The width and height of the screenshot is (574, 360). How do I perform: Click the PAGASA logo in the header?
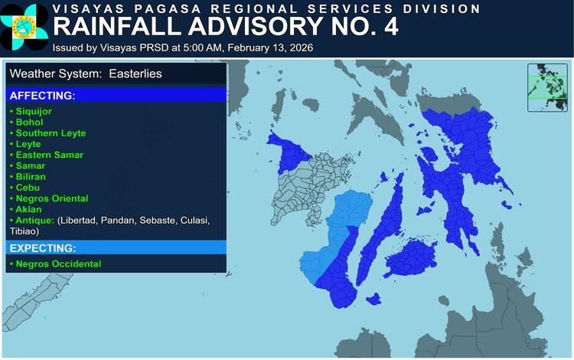coord(24,27)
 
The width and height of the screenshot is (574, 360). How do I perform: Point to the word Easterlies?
coord(135,74)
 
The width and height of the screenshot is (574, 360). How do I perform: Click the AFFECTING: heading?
coord(41,96)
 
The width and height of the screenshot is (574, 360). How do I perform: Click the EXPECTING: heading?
coord(42,248)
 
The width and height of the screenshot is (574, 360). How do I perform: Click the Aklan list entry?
coord(28,209)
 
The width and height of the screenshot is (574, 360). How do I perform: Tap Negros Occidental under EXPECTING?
coord(57,264)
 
